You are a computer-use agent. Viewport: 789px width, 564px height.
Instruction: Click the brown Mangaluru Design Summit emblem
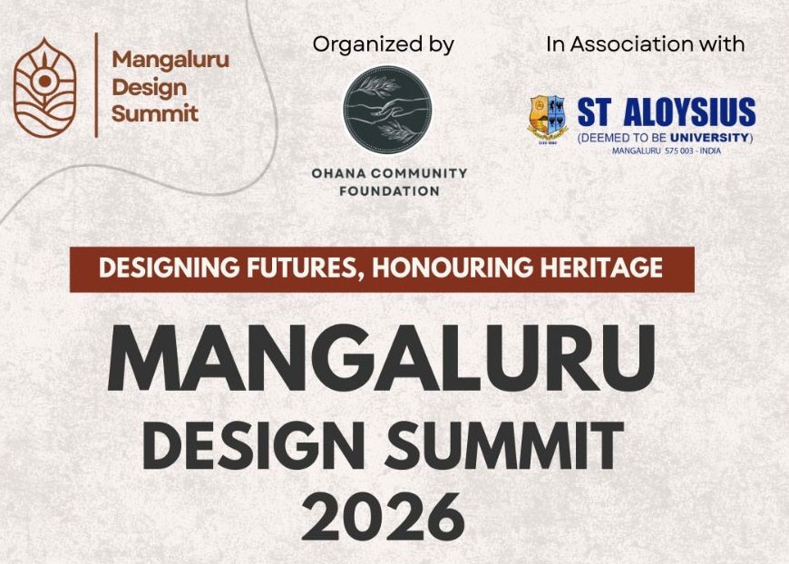pyautogui.click(x=44, y=88)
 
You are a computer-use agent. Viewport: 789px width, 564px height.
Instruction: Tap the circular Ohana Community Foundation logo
pyautogui.click(x=387, y=109)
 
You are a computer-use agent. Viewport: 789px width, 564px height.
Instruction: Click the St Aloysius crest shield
pyautogui.click(x=548, y=119)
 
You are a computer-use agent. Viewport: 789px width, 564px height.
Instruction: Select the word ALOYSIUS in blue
pyautogui.click(x=689, y=112)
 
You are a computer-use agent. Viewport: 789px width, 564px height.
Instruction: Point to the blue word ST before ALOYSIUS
pyautogui.click(x=595, y=112)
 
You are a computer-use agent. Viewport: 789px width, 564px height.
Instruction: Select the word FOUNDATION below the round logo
pyautogui.click(x=389, y=191)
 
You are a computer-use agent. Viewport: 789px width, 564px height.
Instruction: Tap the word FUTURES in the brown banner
pyautogui.click(x=306, y=267)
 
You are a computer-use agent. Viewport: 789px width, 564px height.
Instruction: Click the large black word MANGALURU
pyautogui.click(x=381, y=358)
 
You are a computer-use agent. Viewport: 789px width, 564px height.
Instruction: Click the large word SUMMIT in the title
pyautogui.click(x=504, y=446)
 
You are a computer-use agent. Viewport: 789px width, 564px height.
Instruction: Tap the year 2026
pyautogui.click(x=383, y=516)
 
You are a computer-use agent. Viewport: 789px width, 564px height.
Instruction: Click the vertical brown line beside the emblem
pyautogui.click(x=96, y=84)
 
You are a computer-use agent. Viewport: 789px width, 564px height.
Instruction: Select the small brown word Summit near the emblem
pyautogui.click(x=155, y=113)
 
